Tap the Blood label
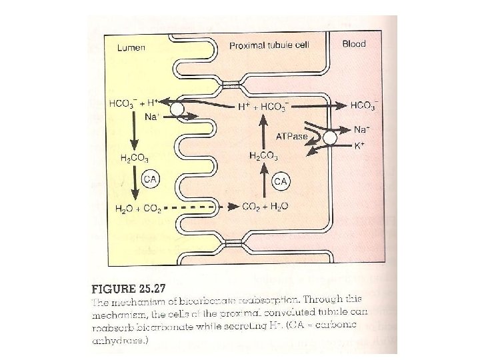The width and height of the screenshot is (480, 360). pos(355,45)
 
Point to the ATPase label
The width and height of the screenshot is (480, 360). pos(292,137)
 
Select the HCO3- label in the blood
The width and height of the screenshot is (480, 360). pos(365,105)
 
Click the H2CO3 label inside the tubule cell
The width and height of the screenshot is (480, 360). pos(263,156)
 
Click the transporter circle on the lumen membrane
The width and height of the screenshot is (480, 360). pos(177,108)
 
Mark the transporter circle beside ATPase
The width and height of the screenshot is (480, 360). pos(329,137)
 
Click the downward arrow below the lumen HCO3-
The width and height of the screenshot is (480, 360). pos(134,135)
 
